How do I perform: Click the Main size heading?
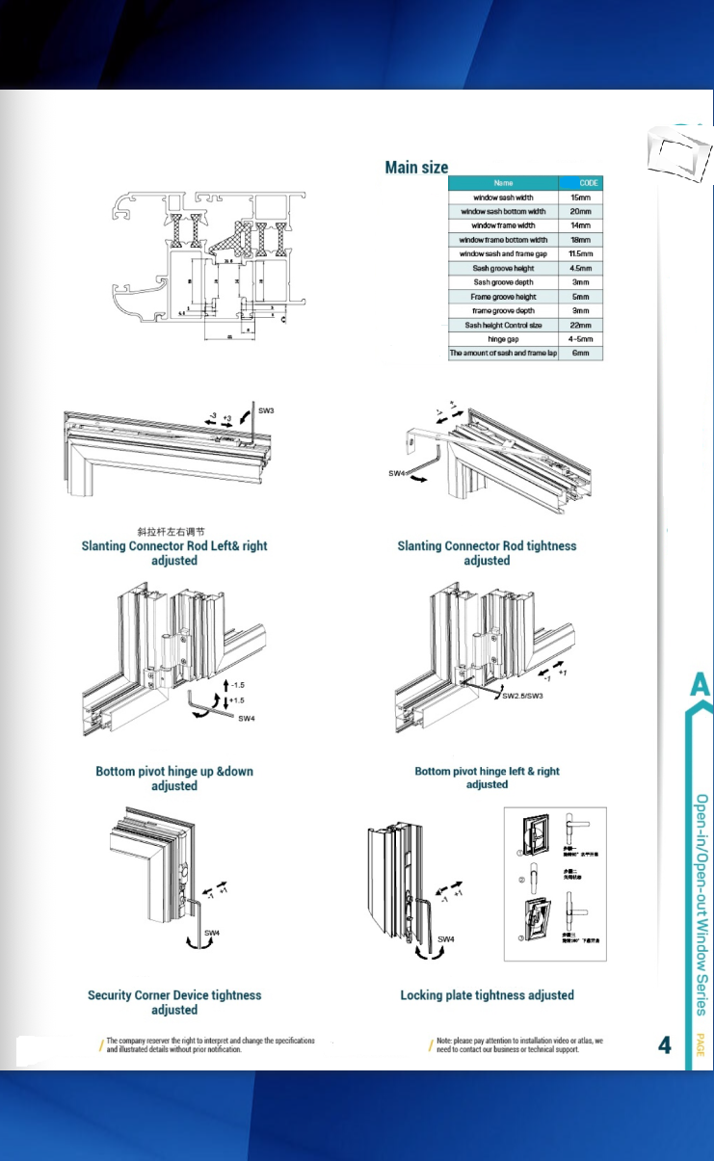click(416, 168)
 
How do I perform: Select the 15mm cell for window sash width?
click(580, 197)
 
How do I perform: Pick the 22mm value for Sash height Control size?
click(580, 326)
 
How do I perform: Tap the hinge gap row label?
click(503, 339)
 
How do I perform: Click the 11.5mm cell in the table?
click(580, 253)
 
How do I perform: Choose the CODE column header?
click(589, 182)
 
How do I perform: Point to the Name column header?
click(503, 182)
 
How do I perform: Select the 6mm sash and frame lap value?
click(580, 354)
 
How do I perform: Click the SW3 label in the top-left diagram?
click(266, 411)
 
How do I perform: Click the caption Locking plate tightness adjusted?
click(487, 995)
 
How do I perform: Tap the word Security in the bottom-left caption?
click(114, 995)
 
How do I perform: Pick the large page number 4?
click(665, 1045)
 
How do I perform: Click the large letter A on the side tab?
click(701, 685)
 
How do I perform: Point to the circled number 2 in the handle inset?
click(519, 878)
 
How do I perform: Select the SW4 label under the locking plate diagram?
click(446, 939)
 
